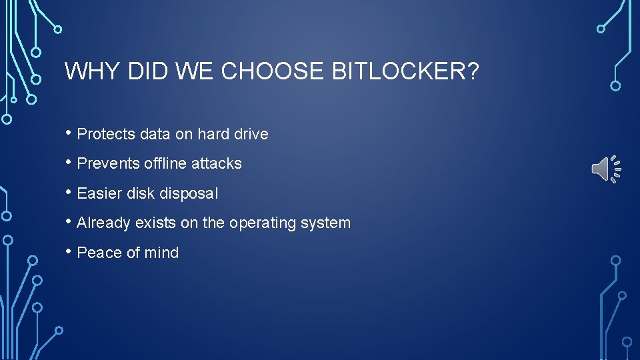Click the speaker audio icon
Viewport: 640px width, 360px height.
click(606, 169)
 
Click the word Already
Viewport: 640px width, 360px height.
click(103, 223)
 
